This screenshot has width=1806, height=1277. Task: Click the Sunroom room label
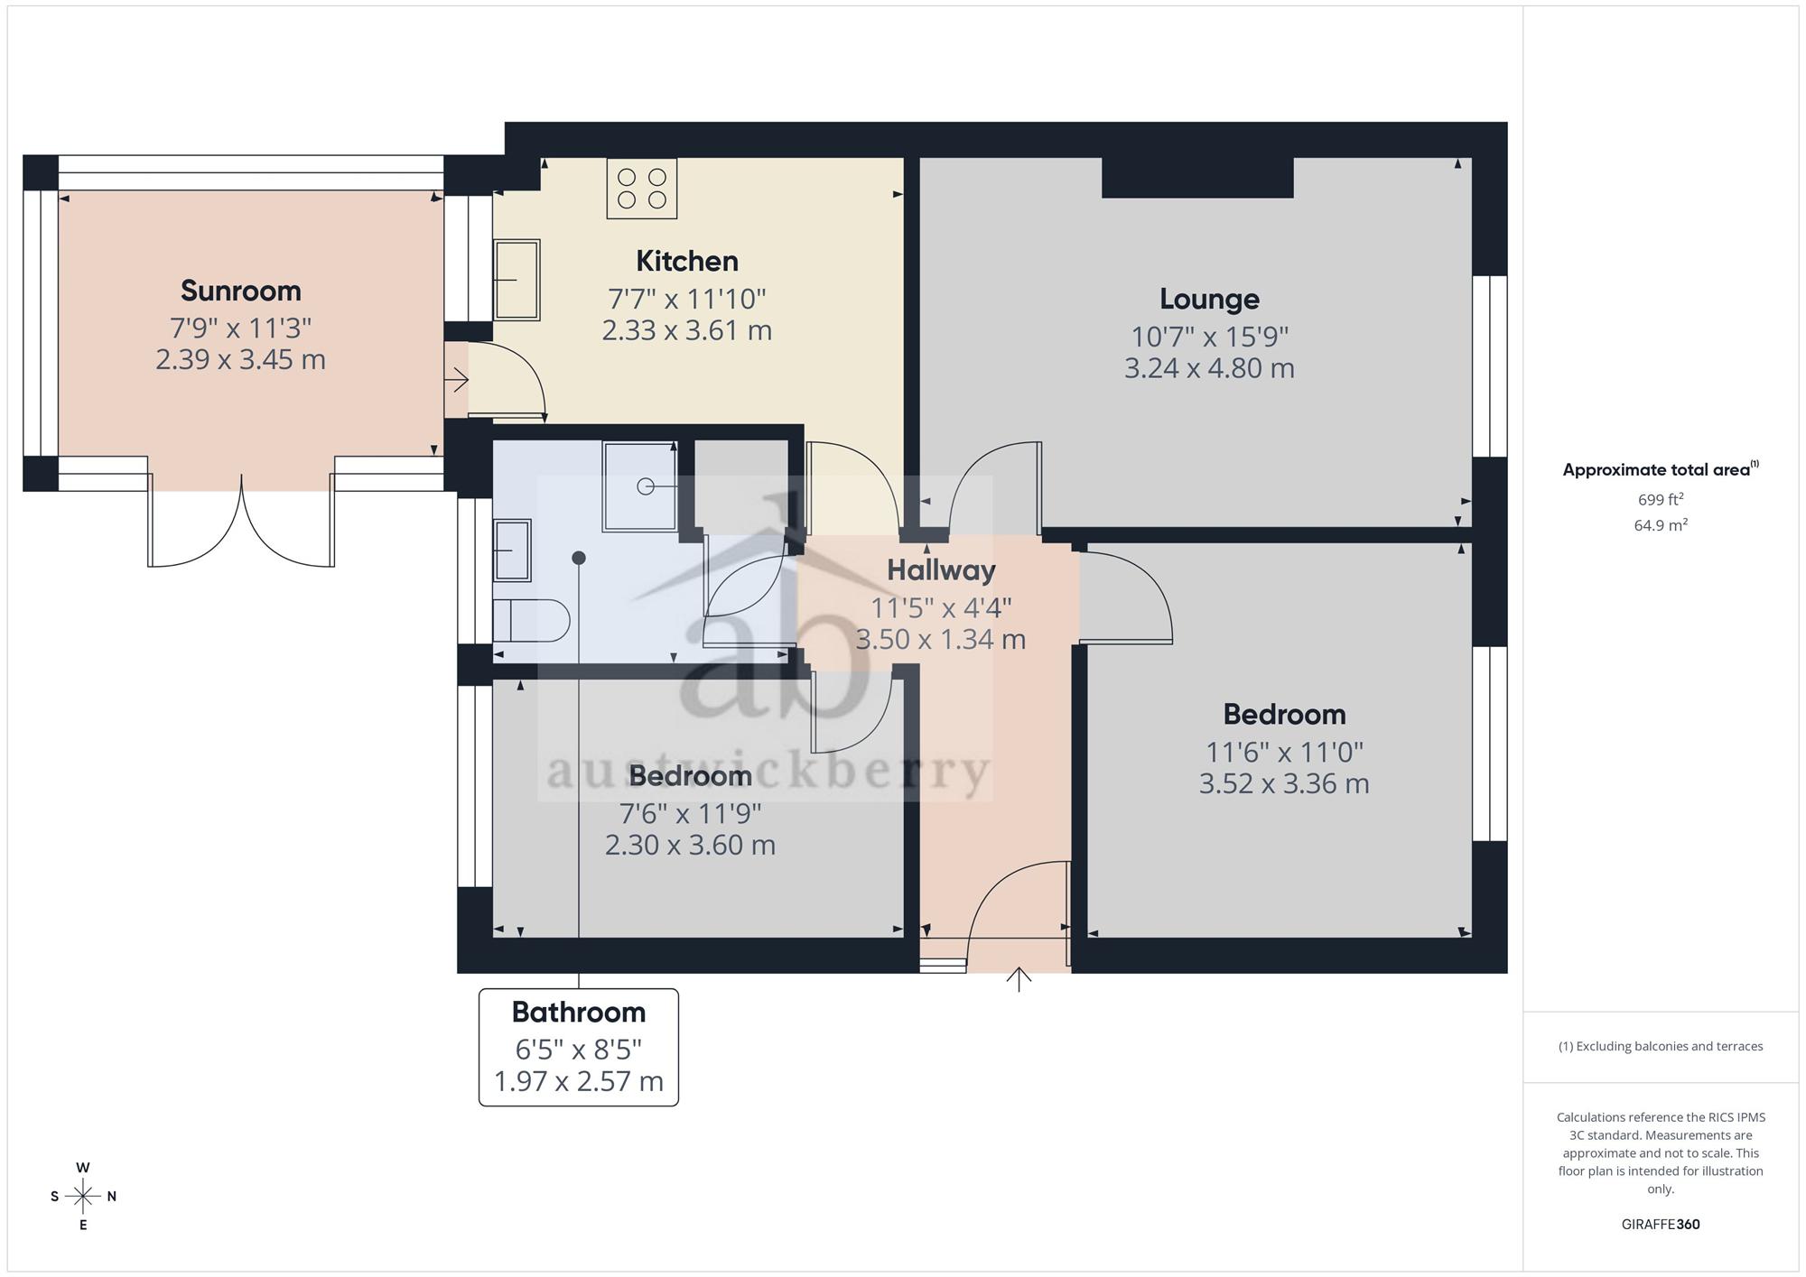(x=240, y=291)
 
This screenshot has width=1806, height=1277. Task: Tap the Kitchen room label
(x=687, y=261)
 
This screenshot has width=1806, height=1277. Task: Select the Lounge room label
(x=1209, y=299)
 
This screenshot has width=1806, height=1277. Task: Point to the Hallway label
(x=941, y=569)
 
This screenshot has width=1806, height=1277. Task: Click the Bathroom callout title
(x=579, y=1012)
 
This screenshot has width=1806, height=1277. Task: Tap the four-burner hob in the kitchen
(x=641, y=189)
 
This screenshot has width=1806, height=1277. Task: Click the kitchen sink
(x=517, y=280)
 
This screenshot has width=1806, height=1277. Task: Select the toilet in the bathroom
(x=531, y=621)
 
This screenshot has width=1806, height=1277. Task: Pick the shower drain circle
(x=646, y=486)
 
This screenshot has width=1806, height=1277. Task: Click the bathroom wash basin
(x=512, y=550)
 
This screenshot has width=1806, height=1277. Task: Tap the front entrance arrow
(x=1019, y=979)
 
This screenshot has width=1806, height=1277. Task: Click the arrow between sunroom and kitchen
(x=456, y=380)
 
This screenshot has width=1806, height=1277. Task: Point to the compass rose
(x=83, y=1197)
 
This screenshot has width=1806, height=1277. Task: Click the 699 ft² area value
(x=1661, y=499)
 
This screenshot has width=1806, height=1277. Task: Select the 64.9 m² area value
(x=1661, y=525)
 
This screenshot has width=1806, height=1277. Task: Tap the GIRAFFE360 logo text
(x=1661, y=1225)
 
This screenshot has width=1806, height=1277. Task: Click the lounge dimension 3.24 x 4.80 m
(x=1209, y=368)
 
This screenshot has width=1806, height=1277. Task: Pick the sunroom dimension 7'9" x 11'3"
(x=240, y=327)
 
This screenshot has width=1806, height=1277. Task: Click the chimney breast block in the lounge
(x=1197, y=178)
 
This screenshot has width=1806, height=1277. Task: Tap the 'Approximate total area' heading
(x=1661, y=469)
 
